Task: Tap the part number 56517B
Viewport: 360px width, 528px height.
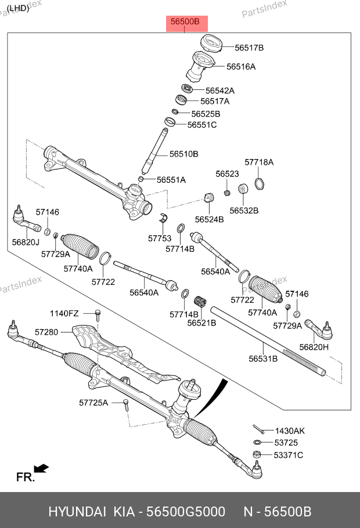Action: [249, 48]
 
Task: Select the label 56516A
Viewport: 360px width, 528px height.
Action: [240, 67]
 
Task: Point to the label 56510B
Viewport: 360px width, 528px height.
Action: [184, 154]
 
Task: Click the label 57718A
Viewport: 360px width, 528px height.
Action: [259, 162]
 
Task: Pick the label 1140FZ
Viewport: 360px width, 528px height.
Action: [64, 313]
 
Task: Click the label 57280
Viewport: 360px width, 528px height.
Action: [46, 332]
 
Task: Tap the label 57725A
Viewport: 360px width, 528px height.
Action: [93, 402]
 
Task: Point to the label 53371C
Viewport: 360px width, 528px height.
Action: [289, 455]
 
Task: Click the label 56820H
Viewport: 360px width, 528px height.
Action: [314, 347]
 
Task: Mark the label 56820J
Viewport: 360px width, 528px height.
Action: [26, 242]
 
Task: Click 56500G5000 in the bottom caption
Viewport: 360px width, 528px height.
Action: [185, 512]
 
